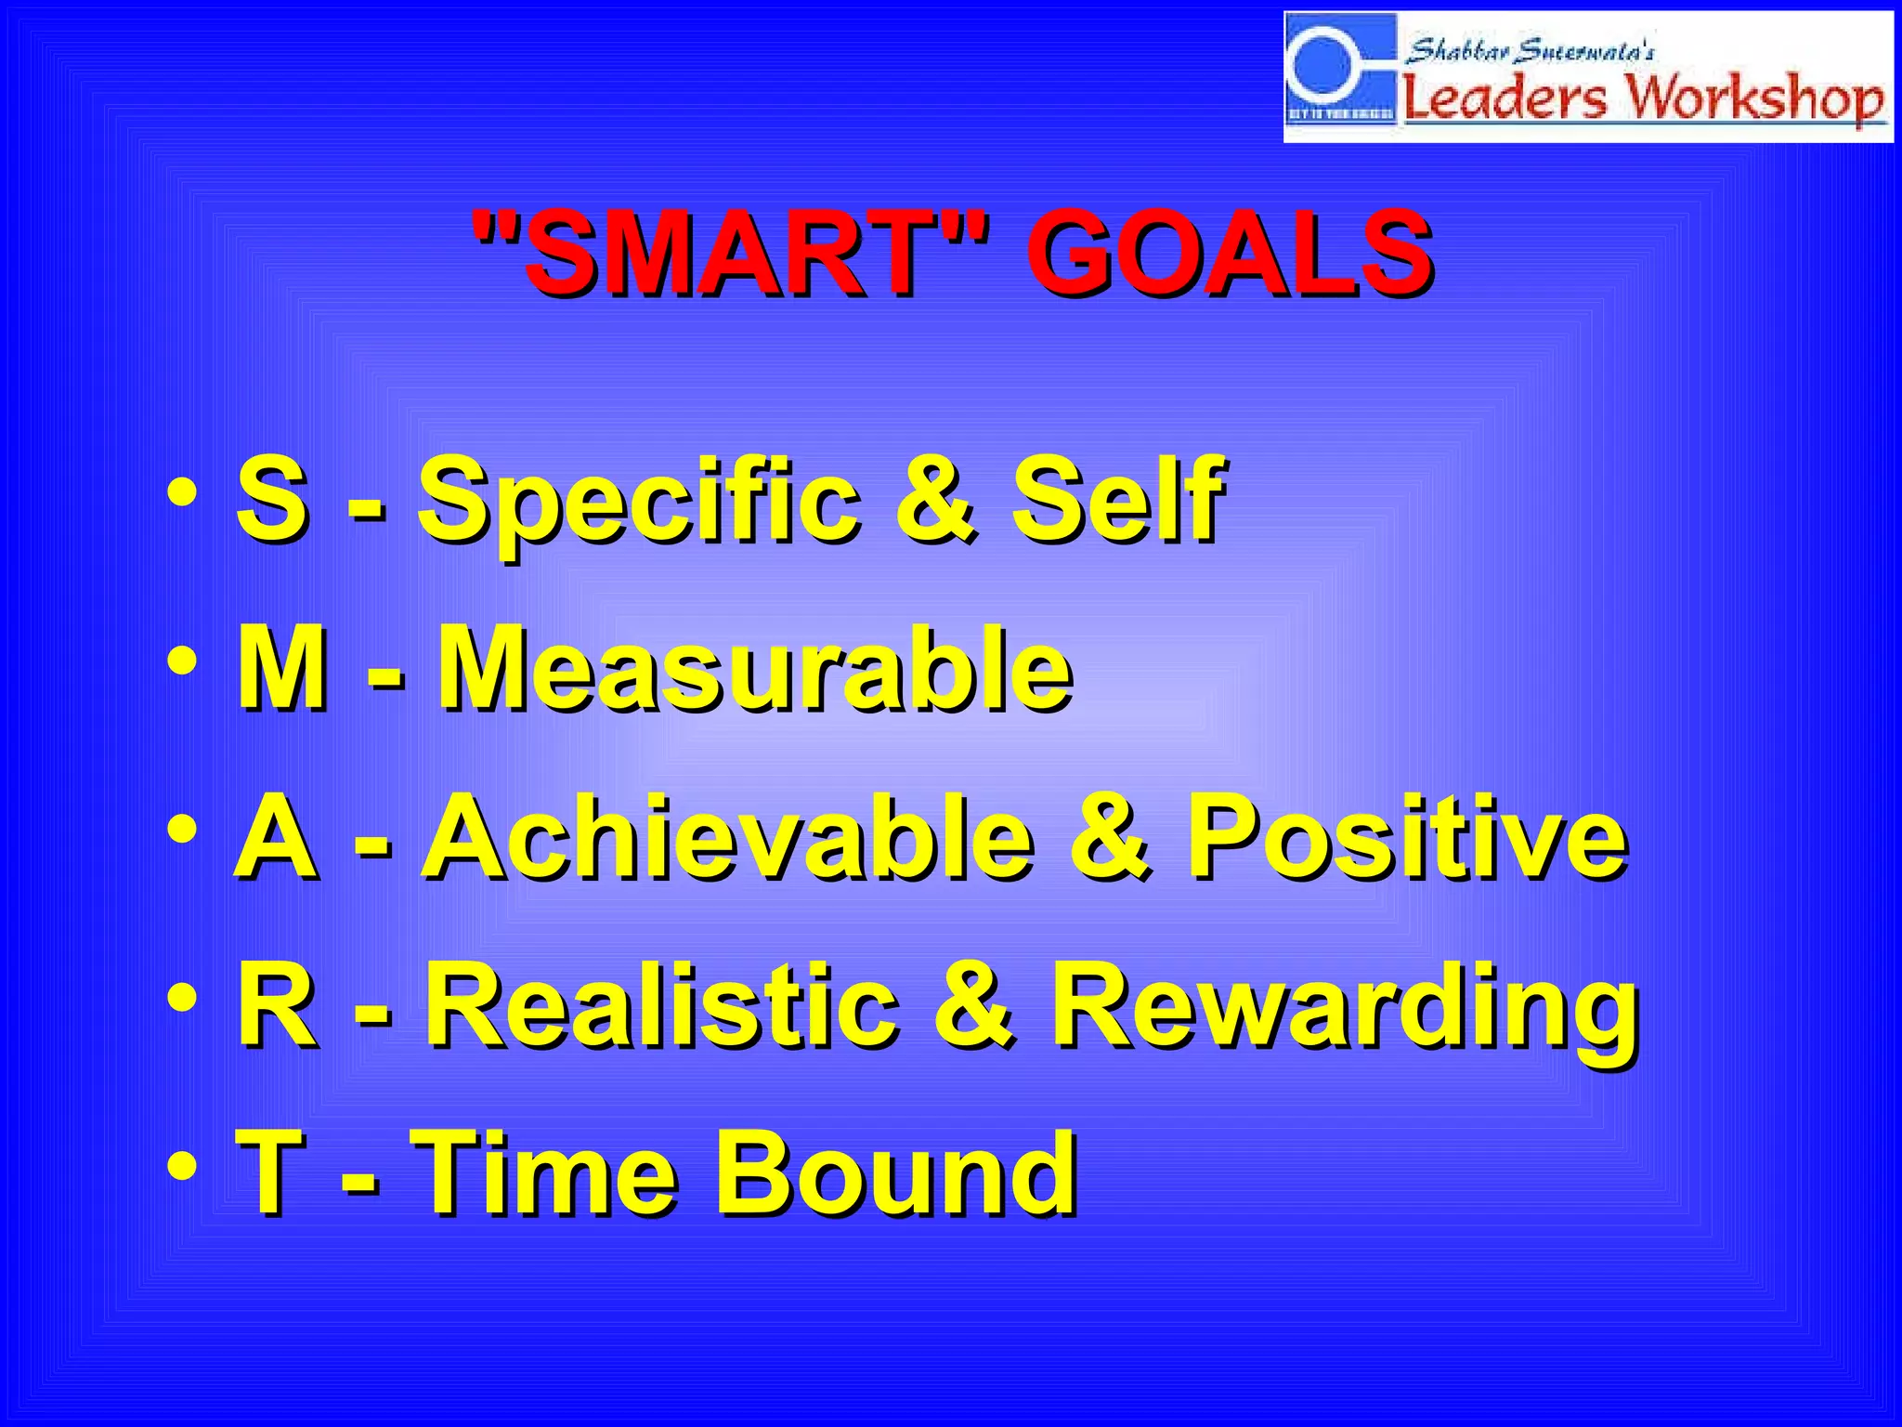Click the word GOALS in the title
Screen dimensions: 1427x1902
click(x=1228, y=253)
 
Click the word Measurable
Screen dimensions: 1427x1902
click(x=754, y=668)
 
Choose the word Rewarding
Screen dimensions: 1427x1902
click(x=1344, y=1005)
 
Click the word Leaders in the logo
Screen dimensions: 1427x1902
click(x=1503, y=97)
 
